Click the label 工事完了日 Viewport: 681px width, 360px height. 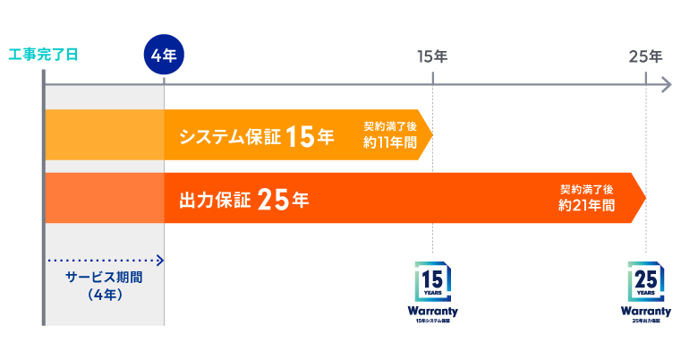(x=42, y=55)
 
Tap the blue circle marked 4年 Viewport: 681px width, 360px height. (x=164, y=56)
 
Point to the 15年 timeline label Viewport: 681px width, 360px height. (x=432, y=56)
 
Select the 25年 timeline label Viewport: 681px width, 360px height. (x=645, y=56)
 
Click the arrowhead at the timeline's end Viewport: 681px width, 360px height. (x=666, y=85)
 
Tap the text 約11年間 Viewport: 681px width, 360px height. (x=390, y=142)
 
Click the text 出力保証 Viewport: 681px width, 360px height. (x=208, y=200)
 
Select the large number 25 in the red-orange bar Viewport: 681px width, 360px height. (x=272, y=200)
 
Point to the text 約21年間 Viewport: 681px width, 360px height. (x=586, y=205)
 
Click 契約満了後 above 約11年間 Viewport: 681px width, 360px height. (x=390, y=126)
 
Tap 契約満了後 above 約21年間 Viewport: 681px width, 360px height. (x=586, y=189)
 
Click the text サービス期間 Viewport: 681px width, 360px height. (x=104, y=277)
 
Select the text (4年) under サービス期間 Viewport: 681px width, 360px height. (x=104, y=294)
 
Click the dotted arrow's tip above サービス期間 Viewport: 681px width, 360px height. (x=160, y=261)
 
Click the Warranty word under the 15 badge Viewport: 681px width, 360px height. (x=432, y=311)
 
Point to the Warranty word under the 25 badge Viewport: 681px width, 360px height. (x=645, y=311)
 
